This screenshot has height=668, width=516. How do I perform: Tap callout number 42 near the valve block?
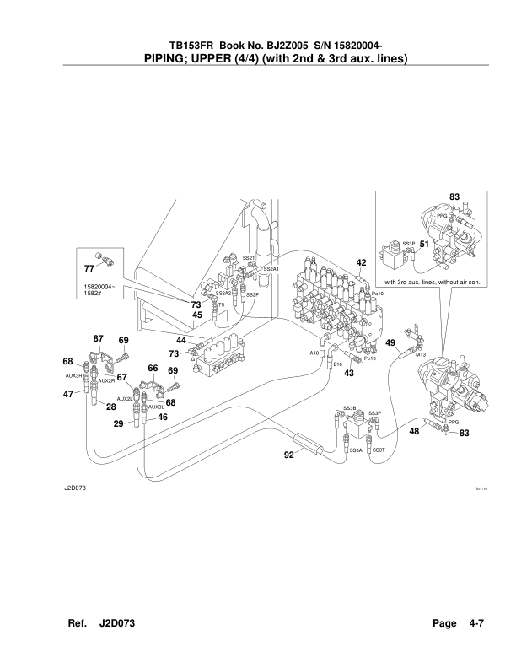click(361, 263)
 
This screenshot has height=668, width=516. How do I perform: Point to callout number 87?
click(98, 339)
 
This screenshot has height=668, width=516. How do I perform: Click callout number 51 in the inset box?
click(424, 244)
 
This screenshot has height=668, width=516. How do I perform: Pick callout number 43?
click(349, 372)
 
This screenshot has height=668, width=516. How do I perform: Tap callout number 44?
click(182, 340)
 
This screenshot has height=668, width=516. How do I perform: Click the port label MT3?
click(421, 355)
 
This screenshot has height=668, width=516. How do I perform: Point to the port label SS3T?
click(379, 451)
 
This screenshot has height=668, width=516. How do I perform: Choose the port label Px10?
click(378, 293)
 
